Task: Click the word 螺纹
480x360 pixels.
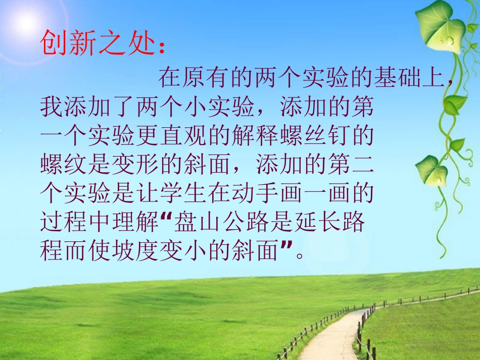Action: tap(64, 164)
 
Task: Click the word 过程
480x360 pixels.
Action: tap(64, 222)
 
